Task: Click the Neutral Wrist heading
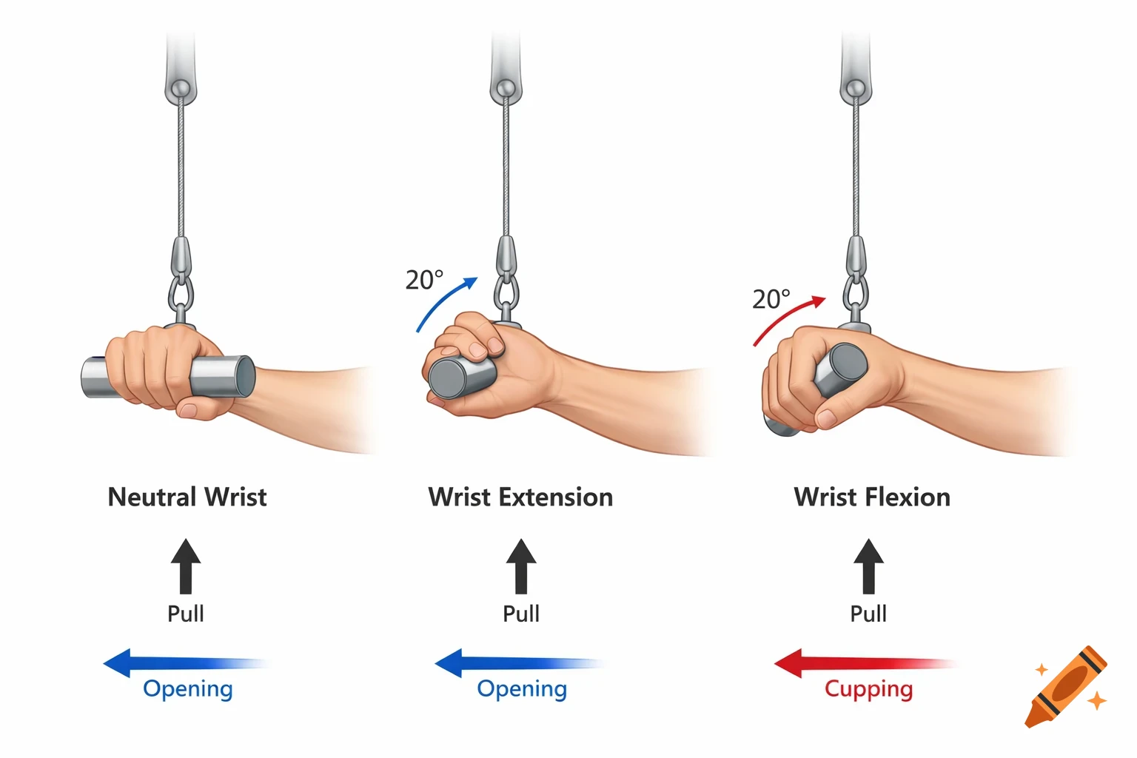coord(187,497)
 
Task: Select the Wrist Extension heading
coord(520,497)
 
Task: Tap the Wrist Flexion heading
coord(872,497)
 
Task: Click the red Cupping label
coord(868,688)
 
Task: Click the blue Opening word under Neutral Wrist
coord(188,688)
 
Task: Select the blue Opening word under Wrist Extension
coord(522,688)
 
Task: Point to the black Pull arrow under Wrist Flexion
coord(868,566)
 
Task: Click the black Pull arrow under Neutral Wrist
coord(186,566)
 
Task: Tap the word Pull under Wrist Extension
coord(521,614)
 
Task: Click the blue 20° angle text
coord(424,280)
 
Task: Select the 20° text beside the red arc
coord(771,299)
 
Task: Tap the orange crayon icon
coord(1066,686)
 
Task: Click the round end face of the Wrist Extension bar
coord(446,378)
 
